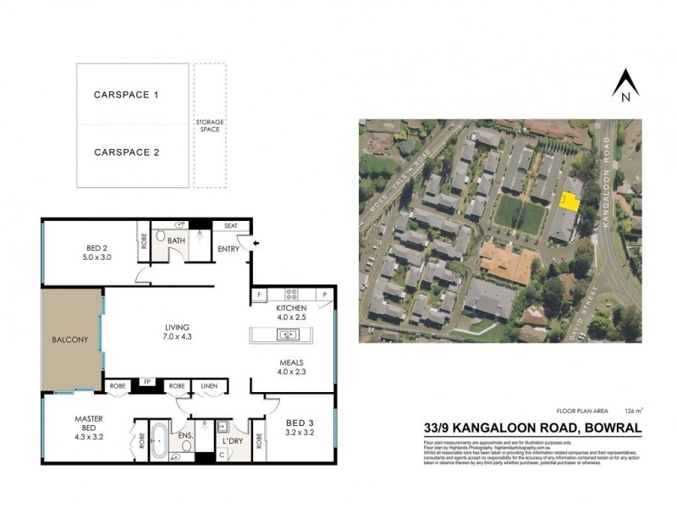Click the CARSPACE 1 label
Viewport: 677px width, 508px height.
tap(126, 96)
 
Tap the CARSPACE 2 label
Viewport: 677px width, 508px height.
tap(126, 153)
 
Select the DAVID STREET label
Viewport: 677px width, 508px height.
tap(590, 315)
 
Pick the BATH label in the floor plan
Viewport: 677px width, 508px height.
tap(176, 241)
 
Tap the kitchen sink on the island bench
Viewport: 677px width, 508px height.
tap(288, 334)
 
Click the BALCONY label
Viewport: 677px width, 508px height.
tap(69, 340)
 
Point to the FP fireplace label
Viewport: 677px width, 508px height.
tap(146, 383)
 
